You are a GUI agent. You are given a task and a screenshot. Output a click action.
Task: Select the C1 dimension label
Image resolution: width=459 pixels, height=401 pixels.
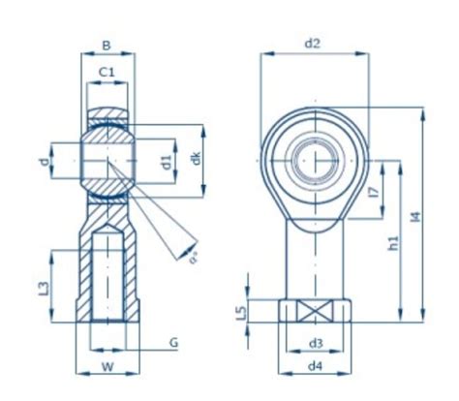tap(107, 72)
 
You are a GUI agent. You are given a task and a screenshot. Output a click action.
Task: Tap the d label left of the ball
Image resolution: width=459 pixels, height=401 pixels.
tap(43, 161)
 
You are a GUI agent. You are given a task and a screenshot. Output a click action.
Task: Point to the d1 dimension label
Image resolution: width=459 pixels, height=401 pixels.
tap(166, 161)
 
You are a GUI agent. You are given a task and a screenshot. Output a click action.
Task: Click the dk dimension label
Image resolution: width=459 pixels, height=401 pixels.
tap(197, 161)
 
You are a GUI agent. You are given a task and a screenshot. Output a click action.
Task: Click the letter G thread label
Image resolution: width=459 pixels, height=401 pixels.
tap(173, 343)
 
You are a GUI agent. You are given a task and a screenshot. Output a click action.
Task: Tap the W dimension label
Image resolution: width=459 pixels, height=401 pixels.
tap(107, 368)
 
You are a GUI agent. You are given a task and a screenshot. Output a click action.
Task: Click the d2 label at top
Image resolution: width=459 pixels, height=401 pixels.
tap(313, 44)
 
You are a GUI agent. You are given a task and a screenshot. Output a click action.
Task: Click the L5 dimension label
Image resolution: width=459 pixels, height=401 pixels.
tap(242, 312)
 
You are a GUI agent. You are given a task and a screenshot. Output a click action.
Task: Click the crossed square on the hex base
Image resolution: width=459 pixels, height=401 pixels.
tap(314, 311)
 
